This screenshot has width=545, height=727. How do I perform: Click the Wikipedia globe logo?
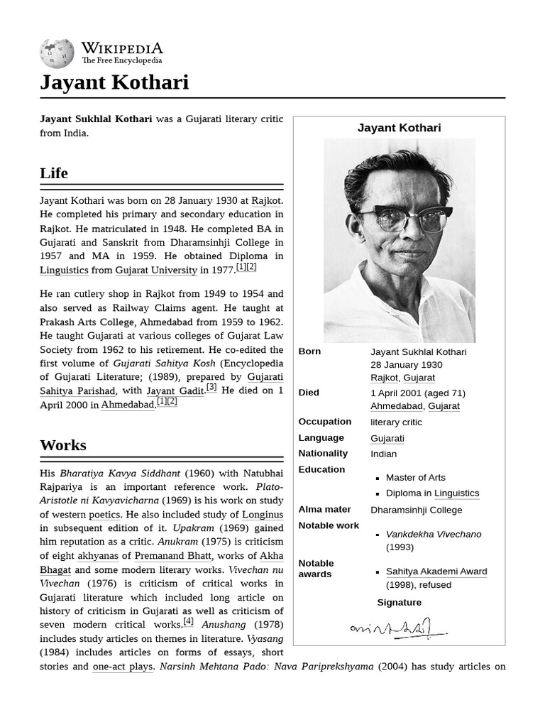57,53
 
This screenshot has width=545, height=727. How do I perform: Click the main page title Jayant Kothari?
114,82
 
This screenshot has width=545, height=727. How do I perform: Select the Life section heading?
54,173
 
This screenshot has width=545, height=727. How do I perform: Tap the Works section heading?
63,445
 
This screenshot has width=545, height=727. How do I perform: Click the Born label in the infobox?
309,351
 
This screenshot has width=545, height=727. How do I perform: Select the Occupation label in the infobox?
324,422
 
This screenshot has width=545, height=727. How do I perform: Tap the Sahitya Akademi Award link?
436,572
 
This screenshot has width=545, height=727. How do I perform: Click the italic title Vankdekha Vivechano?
434,534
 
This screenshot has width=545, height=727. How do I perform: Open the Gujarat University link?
156,270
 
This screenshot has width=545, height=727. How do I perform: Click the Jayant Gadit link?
175,390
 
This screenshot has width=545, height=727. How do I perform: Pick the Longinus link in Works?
263,514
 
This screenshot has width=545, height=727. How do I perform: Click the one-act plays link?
123,667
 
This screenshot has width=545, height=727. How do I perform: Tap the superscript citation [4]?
188,621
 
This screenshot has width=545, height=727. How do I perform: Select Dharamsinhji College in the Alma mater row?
416,510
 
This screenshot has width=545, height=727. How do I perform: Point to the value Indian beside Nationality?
383,454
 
